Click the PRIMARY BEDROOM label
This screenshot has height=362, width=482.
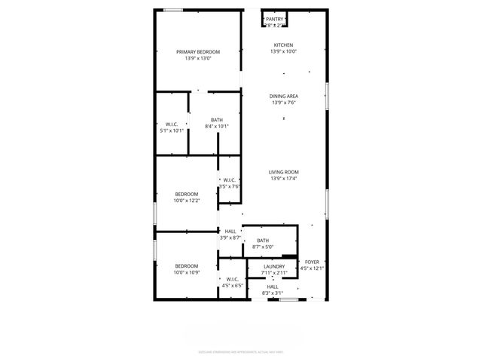pyautogui.click(x=197, y=52)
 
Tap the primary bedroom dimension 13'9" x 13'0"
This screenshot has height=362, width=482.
pyautogui.click(x=197, y=59)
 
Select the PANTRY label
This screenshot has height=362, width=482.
pyautogui.click(x=274, y=19)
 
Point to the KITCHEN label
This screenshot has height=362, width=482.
pyautogui.click(x=284, y=45)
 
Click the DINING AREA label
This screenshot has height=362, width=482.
pyautogui.click(x=284, y=97)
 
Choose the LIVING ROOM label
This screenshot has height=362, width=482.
pyautogui.click(x=284, y=172)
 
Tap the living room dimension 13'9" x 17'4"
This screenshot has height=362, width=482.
pyautogui.click(x=284, y=179)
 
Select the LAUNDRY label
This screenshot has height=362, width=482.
pyautogui.click(x=273, y=266)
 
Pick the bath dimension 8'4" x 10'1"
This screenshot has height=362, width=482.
pyautogui.click(x=216, y=127)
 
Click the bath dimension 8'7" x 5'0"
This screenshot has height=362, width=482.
pyautogui.click(x=263, y=247)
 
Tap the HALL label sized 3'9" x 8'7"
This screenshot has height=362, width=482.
pyautogui.click(x=230, y=232)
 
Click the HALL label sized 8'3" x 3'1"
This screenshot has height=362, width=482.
pyautogui.click(x=272, y=287)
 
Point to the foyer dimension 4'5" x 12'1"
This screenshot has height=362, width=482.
pyautogui.click(x=311, y=268)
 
